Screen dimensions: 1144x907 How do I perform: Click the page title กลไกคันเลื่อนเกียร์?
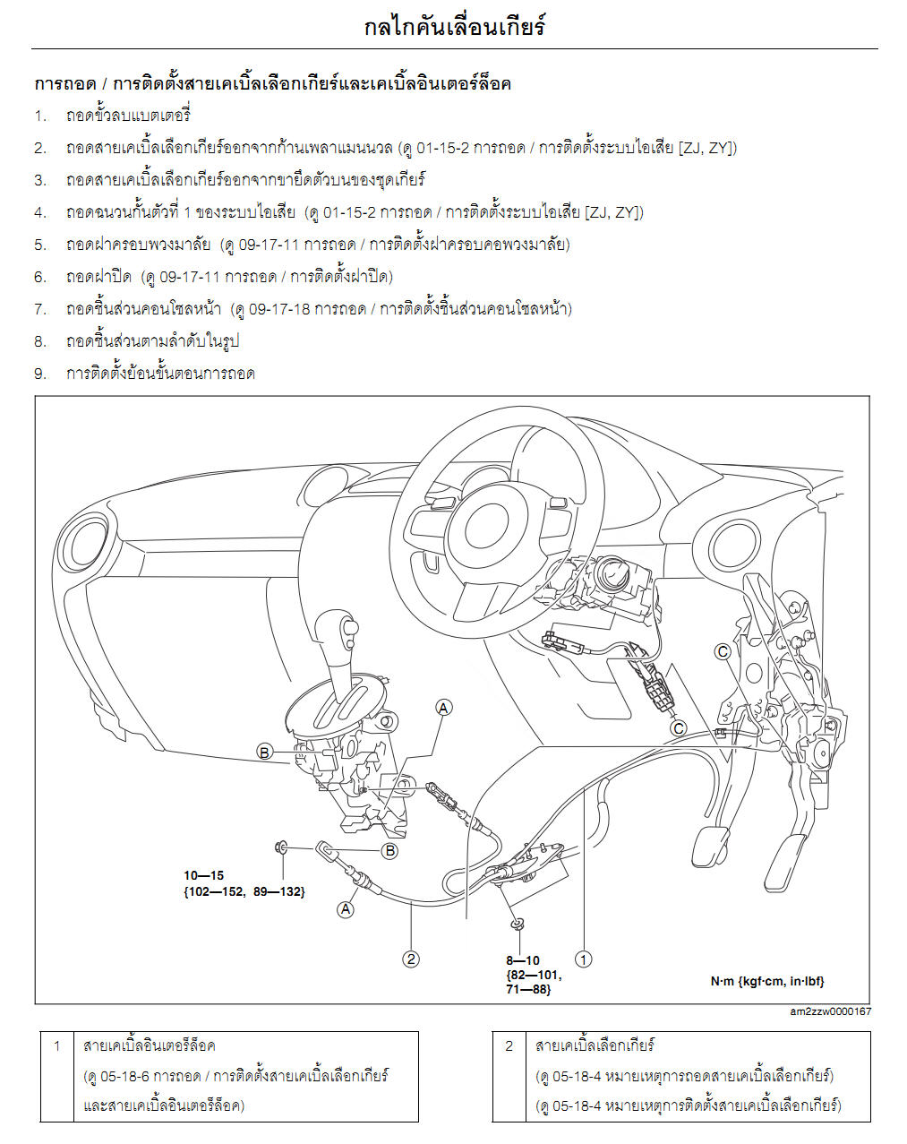454,26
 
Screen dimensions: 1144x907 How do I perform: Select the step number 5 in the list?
40,245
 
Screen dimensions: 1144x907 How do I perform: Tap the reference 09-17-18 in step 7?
280,309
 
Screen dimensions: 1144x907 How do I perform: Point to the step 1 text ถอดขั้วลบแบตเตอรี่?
128,116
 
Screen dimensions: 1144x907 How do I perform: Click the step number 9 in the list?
40,374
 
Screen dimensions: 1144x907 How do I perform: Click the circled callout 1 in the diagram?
583,959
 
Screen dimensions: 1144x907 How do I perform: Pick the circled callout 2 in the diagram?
411,959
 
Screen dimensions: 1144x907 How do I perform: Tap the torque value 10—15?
204,875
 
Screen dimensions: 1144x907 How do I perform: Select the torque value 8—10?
523,960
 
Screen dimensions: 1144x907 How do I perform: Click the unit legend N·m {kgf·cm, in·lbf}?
767,981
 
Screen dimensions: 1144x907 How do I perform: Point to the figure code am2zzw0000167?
830,1011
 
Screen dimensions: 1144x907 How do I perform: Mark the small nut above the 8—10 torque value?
518,923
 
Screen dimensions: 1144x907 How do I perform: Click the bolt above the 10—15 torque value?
282,846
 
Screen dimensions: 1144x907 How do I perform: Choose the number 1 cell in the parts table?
56,1045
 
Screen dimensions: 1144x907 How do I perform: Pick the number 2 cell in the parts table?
509,1045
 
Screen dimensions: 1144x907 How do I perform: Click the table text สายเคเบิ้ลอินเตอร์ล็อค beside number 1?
149,1045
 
